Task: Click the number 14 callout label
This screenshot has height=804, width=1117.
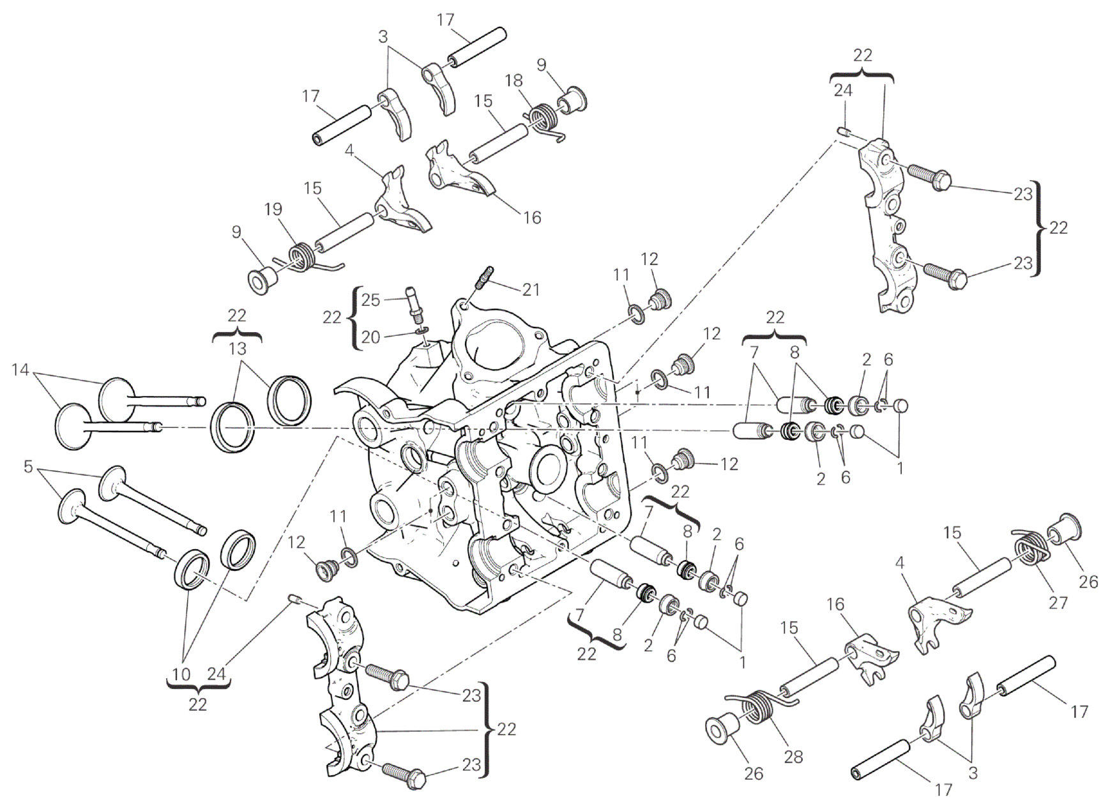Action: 21,369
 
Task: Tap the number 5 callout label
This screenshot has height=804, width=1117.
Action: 27,467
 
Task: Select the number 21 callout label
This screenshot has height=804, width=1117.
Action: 530,289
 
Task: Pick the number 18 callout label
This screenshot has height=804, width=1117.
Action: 513,80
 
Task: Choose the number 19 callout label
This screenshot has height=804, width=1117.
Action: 272,209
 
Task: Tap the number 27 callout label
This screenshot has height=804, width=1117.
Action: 1058,602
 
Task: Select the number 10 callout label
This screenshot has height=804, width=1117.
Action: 181,674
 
